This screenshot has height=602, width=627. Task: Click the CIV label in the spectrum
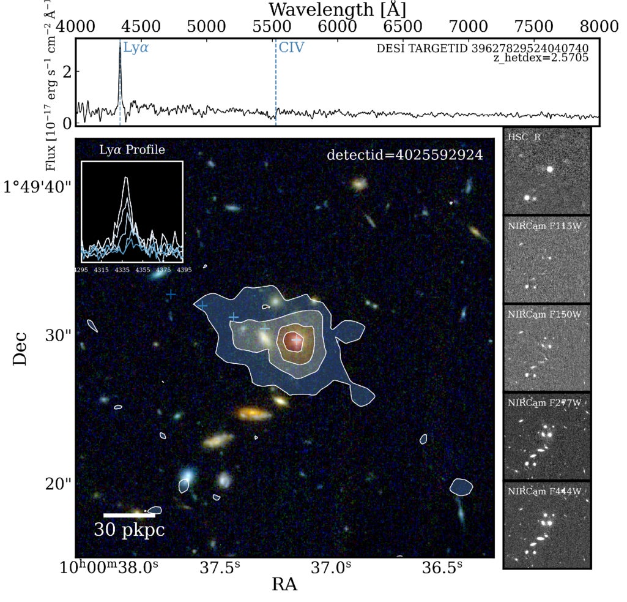291,47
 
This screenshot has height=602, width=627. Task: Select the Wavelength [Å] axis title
338,9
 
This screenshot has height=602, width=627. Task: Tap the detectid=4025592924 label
405,155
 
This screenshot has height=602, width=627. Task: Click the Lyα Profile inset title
132,149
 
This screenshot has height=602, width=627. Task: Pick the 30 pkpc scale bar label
129,529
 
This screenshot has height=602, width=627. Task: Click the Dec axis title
20,349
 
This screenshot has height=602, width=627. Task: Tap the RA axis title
284,585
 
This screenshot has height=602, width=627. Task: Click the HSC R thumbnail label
524,137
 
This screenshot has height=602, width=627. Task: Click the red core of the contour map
295,341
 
